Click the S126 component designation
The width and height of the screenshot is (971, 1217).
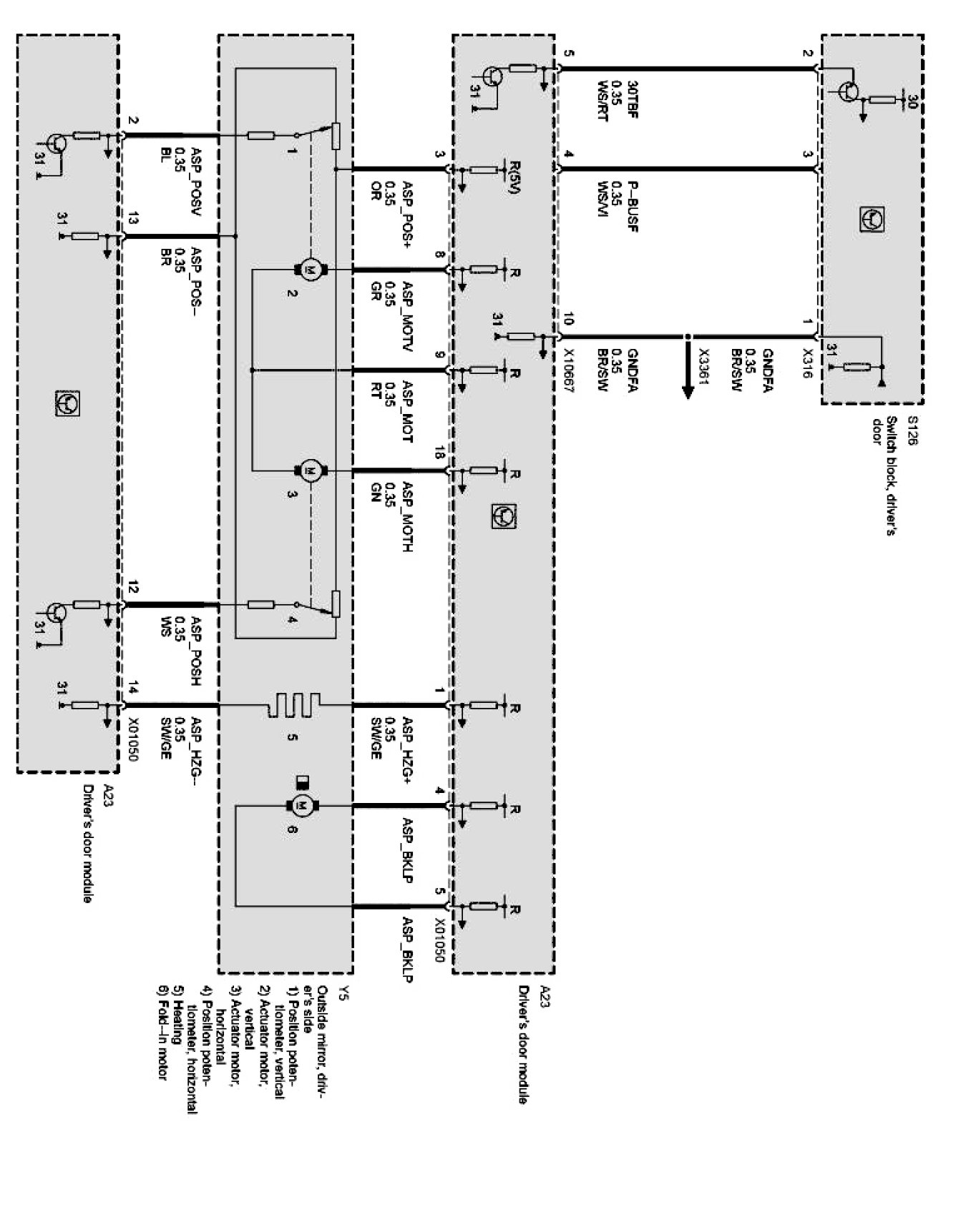(911, 430)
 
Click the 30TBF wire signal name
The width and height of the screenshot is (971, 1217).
(632, 98)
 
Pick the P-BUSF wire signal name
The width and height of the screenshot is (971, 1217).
(632, 207)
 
